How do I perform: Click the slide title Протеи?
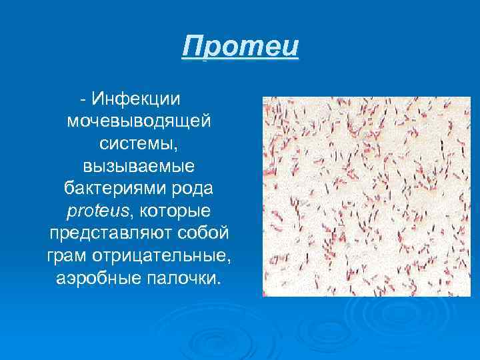pyautogui.click(x=241, y=48)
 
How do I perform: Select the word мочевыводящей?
pyautogui.click(x=139, y=122)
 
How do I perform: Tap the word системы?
pyautogui.click(x=137, y=143)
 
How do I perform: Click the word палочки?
pyautogui.click(x=181, y=278)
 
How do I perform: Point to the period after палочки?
pyautogui.click(x=216, y=282)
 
